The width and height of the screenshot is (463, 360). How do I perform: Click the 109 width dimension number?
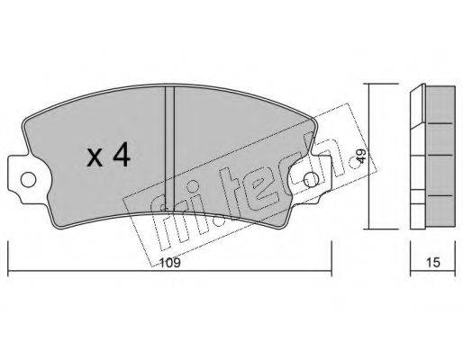[x=170, y=263]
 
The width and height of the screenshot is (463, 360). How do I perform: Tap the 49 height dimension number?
[x=361, y=157]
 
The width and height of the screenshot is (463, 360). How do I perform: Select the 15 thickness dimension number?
[x=432, y=263]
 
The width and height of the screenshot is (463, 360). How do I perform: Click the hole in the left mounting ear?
[x=28, y=180]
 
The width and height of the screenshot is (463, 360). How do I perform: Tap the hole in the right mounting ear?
[x=311, y=180]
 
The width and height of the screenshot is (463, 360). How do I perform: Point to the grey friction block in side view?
[x=440, y=156]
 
